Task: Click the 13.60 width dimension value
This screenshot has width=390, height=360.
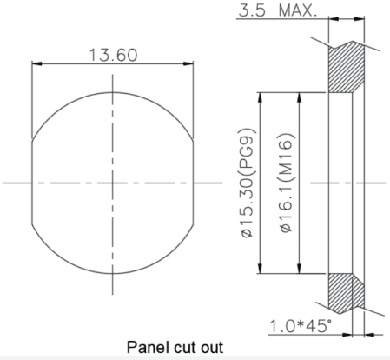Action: (x=114, y=55)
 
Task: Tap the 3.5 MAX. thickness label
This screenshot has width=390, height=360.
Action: (x=278, y=10)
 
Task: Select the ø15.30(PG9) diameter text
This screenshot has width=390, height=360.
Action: (x=248, y=183)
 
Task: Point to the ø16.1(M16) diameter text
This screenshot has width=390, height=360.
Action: (x=287, y=183)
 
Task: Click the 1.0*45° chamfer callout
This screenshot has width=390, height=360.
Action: (x=301, y=326)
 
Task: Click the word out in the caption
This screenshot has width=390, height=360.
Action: (x=213, y=348)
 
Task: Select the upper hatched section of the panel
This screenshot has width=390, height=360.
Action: (x=346, y=68)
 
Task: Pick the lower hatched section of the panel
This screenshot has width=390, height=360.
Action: (x=346, y=293)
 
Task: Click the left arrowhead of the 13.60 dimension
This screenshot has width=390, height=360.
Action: (x=36, y=63)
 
